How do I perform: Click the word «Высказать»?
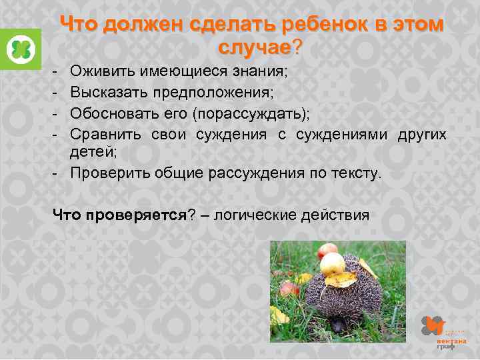109,91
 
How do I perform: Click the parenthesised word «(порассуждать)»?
249,111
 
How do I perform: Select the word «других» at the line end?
421,135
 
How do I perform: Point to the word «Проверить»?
109,173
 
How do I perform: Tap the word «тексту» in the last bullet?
357,173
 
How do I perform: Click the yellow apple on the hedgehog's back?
333,265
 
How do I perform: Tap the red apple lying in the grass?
289,289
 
